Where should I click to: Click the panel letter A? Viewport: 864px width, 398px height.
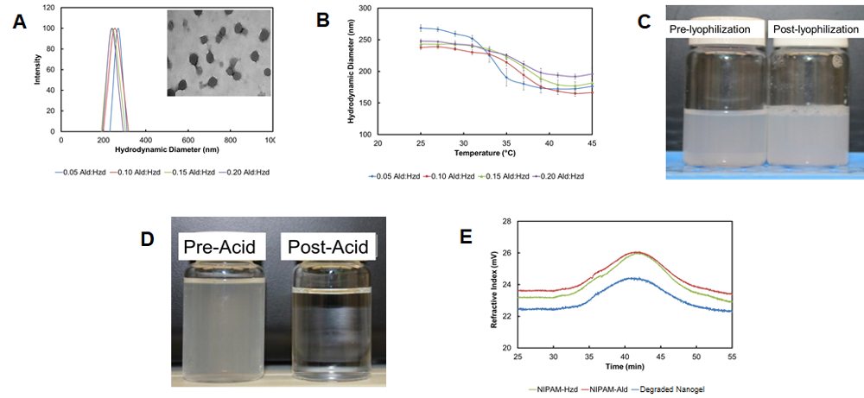tap(19, 23)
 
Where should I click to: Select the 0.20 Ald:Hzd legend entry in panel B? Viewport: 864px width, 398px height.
tap(561, 175)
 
